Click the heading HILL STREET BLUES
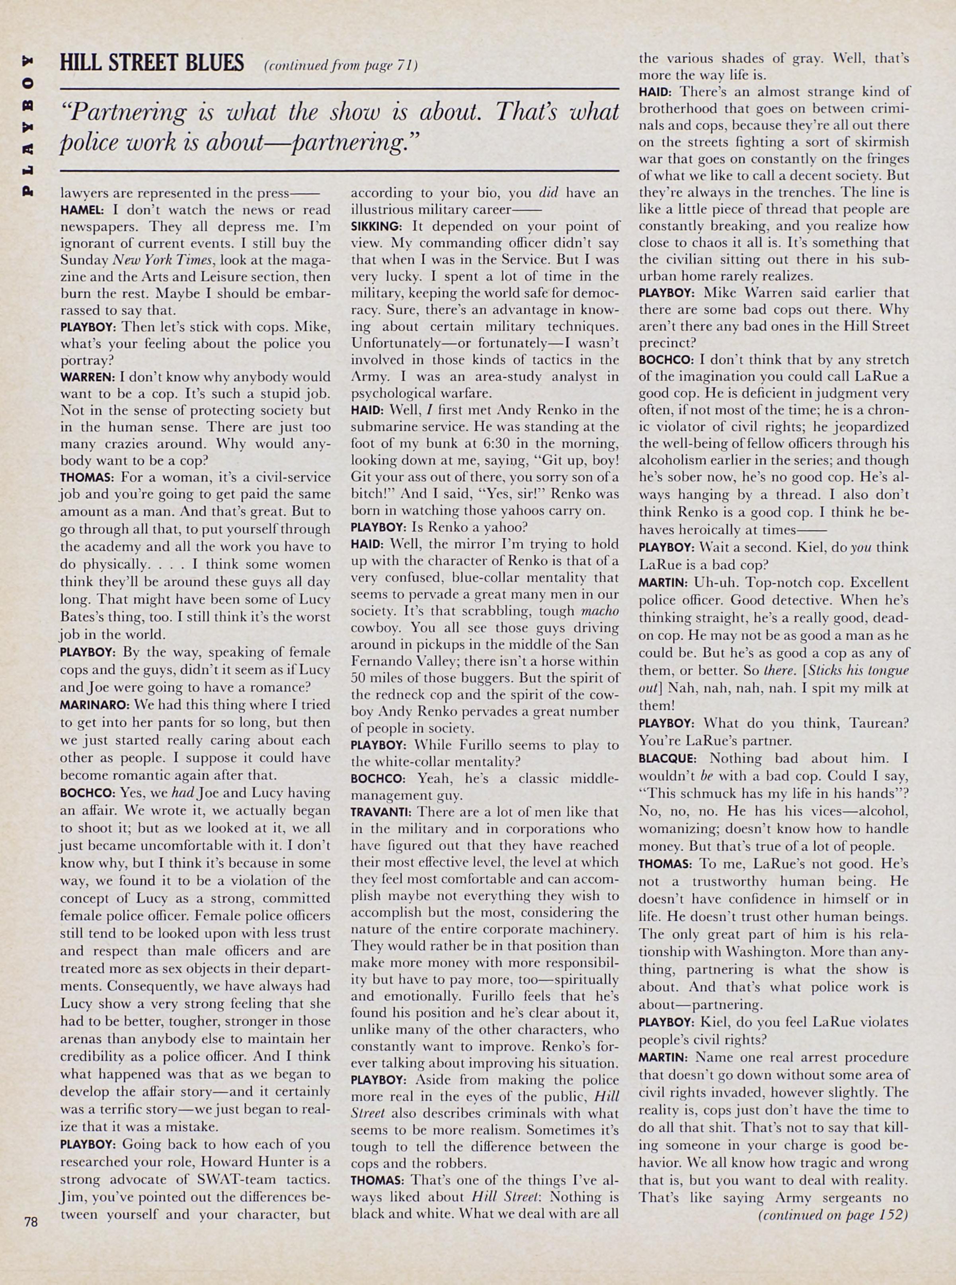point(152,63)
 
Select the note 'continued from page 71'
point(340,65)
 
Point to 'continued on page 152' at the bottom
point(832,1215)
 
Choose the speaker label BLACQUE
point(667,758)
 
